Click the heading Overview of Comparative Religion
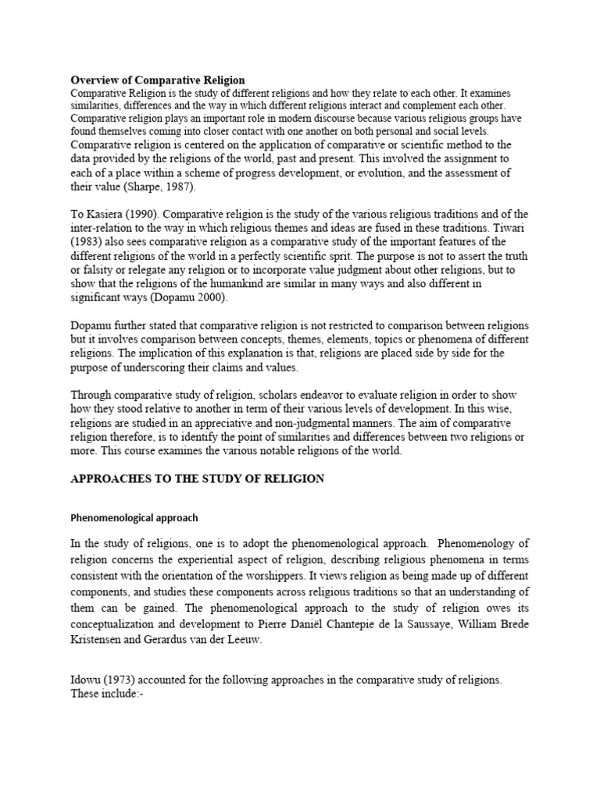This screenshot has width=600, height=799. (x=158, y=80)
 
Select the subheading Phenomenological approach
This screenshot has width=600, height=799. (x=135, y=517)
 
